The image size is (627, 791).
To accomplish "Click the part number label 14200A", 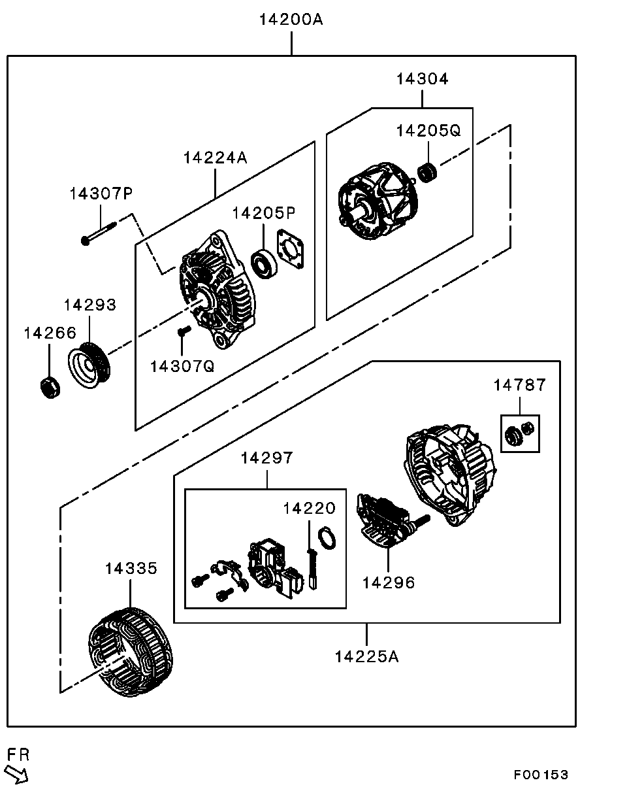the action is click(291, 20).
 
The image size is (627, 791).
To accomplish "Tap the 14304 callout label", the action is click(422, 79).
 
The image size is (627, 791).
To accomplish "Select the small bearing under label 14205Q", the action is click(427, 173).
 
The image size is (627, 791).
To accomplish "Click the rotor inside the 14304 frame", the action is click(378, 201).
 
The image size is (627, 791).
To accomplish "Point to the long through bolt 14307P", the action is click(99, 233).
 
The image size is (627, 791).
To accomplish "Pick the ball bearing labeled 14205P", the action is click(264, 263).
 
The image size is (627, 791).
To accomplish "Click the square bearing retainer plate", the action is click(291, 249).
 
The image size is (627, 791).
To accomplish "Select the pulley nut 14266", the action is click(50, 387).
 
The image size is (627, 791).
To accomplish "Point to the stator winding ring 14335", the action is click(131, 652).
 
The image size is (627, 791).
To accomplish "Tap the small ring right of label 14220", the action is click(327, 538).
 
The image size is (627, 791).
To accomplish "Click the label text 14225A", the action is click(366, 656).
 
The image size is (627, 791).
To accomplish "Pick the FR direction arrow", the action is click(16, 774).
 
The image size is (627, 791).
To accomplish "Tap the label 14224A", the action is click(216, 158).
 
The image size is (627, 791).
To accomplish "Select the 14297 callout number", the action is click(266, 458).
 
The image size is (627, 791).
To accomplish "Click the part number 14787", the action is click(519, 385).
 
